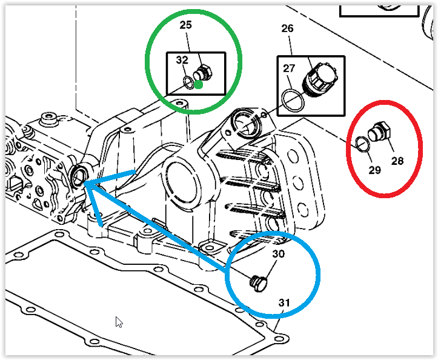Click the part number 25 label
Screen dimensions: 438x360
pos(186,25)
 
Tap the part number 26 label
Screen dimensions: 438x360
pos(287,28)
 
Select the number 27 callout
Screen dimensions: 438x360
pos(289,68)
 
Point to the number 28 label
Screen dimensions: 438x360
pos(397,161)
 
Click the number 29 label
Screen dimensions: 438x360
pos(374,170)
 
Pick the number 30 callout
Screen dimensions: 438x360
pos(279,254)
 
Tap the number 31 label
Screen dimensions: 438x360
pos(284,302)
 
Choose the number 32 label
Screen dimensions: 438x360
pos(182,60)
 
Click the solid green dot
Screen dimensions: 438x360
pos(198,85)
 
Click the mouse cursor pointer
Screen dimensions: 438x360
pos(119,322)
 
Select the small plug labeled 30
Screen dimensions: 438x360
pos(258,284)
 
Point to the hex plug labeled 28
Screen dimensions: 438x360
pos(379,132)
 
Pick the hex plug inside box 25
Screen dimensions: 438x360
pos(202,73)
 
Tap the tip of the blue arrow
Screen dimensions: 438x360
pos(84,183)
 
